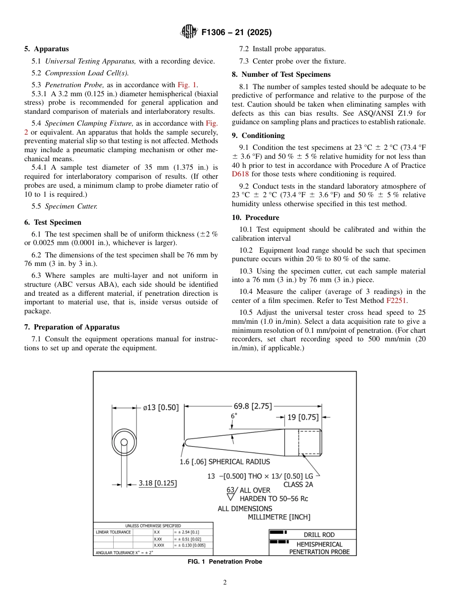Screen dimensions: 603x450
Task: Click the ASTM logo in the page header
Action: click(189, 32)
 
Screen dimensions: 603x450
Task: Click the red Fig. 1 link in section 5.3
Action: click(188, 85)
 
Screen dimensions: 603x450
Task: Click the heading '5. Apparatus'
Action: click(46, 49)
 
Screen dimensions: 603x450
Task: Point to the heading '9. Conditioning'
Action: click(258, 136)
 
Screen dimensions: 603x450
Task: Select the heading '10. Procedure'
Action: click(255, 218)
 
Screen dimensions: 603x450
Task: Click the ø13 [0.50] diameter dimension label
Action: click(161, 407)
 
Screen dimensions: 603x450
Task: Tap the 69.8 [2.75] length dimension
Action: click(252, 406)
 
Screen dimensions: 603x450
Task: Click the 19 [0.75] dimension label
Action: click(303, 417)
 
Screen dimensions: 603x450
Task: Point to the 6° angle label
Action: click(234, 416)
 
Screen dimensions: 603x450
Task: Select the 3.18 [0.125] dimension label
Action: click(157, 484)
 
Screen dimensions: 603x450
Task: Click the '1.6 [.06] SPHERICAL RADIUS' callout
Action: click(225, 462)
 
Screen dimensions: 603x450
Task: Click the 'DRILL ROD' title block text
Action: click(319, 535)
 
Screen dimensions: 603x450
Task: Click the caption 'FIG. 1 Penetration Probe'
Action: click(225, 562)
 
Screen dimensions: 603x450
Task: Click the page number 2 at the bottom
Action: click(225, 583)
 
